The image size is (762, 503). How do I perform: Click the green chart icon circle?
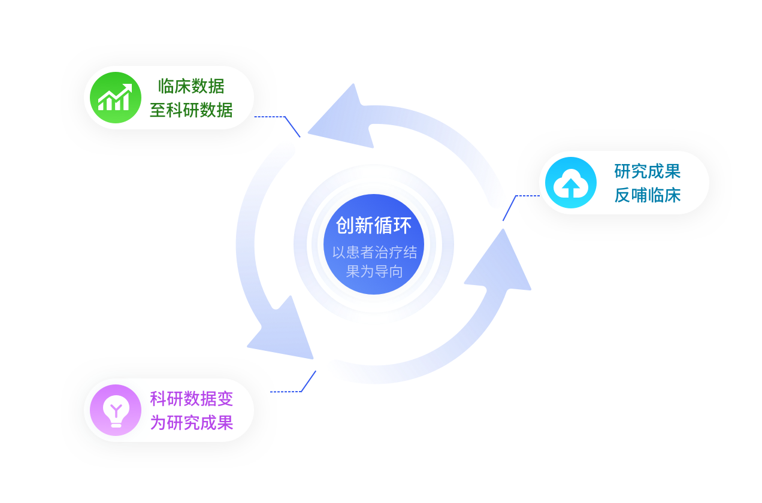115,98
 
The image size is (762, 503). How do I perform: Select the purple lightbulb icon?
115,410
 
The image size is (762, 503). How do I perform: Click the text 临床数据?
191,86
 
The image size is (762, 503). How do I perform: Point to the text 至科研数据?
191,110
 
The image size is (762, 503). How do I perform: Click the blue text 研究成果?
648,171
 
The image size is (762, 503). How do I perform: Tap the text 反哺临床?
648,195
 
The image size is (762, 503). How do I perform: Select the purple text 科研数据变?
191,399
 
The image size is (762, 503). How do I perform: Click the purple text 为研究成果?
191,423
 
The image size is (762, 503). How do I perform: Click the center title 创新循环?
374,226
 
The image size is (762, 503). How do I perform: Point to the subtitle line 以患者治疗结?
374,252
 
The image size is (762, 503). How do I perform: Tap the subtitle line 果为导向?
374,271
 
